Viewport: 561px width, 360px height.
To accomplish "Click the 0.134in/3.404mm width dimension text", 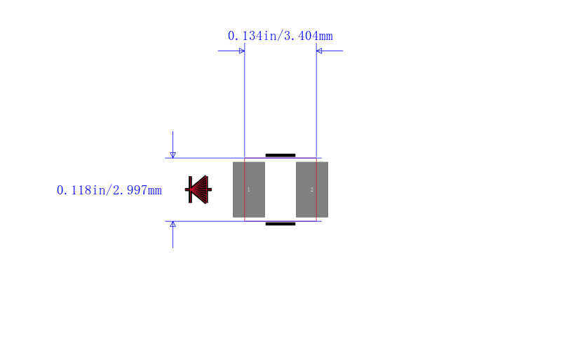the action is [x=280, y=36].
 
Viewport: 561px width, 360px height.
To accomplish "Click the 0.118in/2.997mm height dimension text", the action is [x=109, y=190].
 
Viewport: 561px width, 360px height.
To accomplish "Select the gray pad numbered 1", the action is [x=249, y=189].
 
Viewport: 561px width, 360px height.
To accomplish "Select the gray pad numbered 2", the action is [x=312, y=189].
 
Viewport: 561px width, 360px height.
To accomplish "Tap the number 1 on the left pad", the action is [x=249, y=189].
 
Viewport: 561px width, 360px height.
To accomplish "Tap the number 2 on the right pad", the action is [x=311, y=189].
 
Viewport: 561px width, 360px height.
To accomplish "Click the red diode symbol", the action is [x=198, y=189].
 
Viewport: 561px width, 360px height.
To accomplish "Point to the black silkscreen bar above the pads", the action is [x=280, y=156].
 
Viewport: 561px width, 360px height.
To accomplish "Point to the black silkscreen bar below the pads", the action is [x=280, y=224].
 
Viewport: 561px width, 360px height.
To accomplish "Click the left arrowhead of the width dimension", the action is [x=242, y=51].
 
